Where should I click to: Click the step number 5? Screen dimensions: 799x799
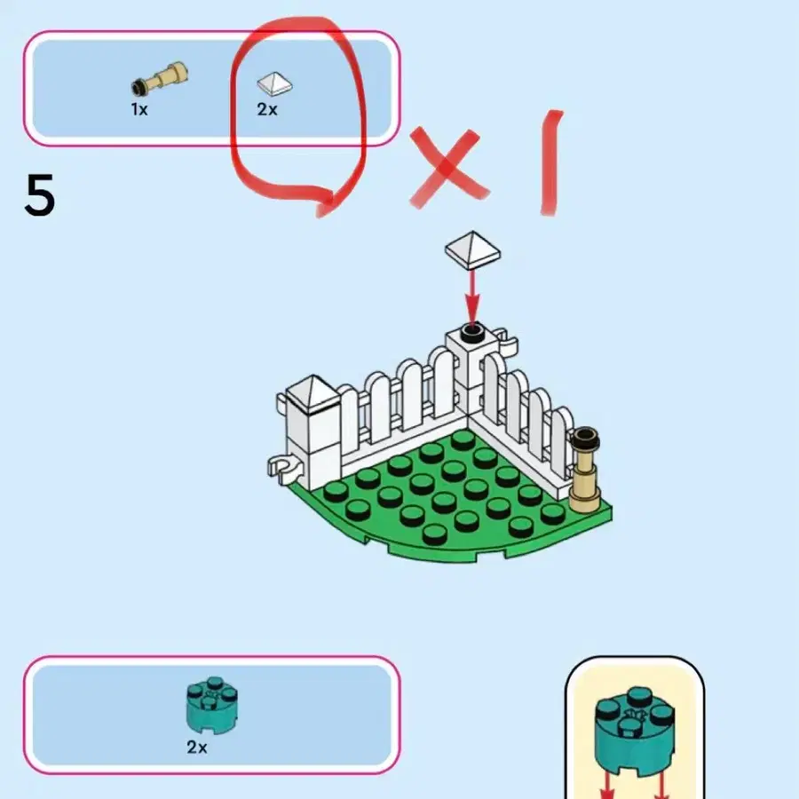click(39, 194)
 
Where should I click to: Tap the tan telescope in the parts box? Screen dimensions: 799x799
click(160, 79)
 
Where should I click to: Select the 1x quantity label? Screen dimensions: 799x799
click(139, 109)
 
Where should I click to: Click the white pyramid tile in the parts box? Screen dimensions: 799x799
click(274, 83)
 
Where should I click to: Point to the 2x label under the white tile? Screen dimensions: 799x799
click(267, 109)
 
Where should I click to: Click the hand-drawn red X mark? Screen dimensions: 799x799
click(447, 166)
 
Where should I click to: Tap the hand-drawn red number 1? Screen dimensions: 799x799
click(550, 162)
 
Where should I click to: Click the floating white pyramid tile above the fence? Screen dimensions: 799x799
click(472, 249)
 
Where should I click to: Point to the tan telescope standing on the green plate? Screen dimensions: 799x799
click(584, 470)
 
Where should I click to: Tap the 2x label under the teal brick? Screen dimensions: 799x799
click(197, 747)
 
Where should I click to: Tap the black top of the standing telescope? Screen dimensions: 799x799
click(585, 438)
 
